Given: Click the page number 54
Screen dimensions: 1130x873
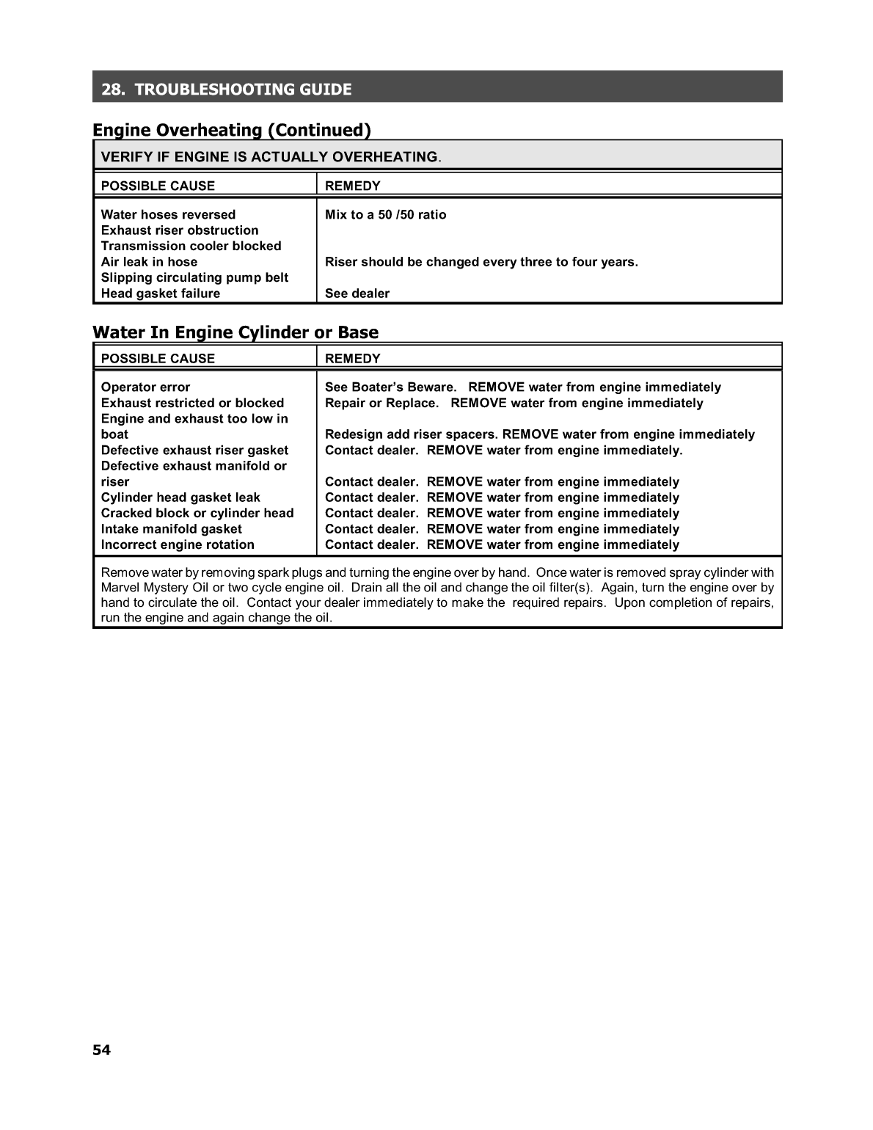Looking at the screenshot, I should click(101, 1050).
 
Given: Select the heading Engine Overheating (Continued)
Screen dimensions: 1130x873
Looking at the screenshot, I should click(232, 130).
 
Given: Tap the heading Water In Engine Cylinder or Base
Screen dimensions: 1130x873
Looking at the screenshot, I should click(235, 332).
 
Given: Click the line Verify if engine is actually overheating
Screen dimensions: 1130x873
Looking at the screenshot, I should click(270, 156).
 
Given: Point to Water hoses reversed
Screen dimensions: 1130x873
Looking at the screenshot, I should click(168, 214).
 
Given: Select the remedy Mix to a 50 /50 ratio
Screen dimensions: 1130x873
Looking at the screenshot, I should click(385, 214).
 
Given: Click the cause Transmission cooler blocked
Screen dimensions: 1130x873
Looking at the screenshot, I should click(191, 246).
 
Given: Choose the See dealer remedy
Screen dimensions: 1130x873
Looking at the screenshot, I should click(357, 294).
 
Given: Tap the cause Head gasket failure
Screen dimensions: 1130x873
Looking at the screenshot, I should click(160, 294).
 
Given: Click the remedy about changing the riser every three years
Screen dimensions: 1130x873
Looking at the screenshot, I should click(481, 262).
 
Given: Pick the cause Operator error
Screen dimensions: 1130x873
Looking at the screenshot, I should click(145, 387).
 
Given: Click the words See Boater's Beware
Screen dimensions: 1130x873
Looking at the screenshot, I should click(390, 387).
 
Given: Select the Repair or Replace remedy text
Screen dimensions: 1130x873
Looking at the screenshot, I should click(381, 403).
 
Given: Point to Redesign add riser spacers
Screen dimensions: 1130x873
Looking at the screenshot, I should click(411, 434).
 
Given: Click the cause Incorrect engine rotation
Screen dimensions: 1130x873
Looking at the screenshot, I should click(178, 544).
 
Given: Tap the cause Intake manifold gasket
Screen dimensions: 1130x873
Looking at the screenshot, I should click(171, 529).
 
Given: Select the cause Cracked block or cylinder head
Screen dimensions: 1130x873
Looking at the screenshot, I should click(197, 513).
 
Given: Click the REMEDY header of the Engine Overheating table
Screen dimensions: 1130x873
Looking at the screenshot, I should click(353, 186).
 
